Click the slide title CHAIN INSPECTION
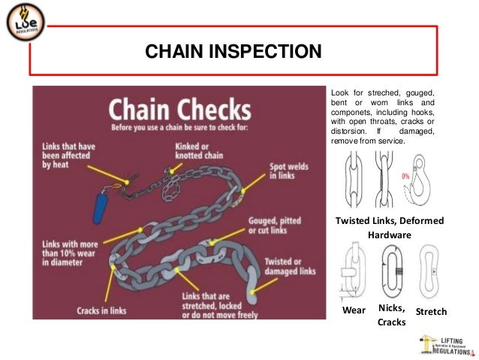pyautogui.click(x=233, y=53)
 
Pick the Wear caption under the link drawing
pyautogui.click(x=354, y=311)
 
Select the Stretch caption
pyautogui.click(x=431, y=311)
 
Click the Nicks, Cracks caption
pyautogui.click(x=391, y=315)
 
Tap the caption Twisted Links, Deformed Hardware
pyautogui.click(x=389, y=227)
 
